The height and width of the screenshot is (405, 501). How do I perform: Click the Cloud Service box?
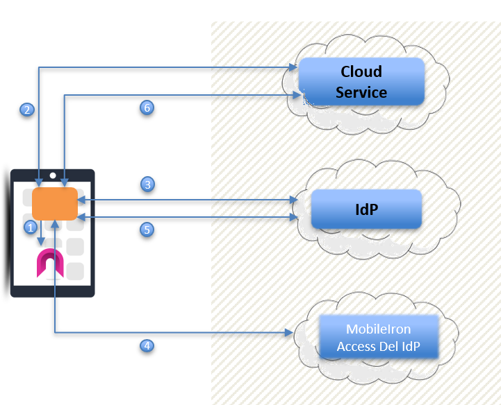[361, 81]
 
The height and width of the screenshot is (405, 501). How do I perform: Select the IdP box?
[366, 208]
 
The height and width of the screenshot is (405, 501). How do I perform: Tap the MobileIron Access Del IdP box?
[379, 338]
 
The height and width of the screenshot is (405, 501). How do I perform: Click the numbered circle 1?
[30, 227]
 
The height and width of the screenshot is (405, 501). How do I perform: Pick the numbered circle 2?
[27, 110]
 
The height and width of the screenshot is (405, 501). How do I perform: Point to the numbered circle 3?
[147, 184]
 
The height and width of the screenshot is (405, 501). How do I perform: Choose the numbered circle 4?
[147, 345]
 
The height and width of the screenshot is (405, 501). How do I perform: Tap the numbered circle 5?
[147, 230]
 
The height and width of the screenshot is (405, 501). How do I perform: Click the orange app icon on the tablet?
[54, 203]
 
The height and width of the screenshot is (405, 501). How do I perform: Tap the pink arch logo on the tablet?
[50, 264]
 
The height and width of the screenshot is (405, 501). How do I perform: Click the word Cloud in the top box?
[361, 71]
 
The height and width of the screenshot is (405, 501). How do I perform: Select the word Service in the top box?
[361, 92]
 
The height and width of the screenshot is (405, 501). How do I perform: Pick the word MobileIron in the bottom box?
[379, 329]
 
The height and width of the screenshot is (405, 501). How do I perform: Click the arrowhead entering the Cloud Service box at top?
[293, 67]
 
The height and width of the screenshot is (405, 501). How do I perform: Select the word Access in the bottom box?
[361, 347]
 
